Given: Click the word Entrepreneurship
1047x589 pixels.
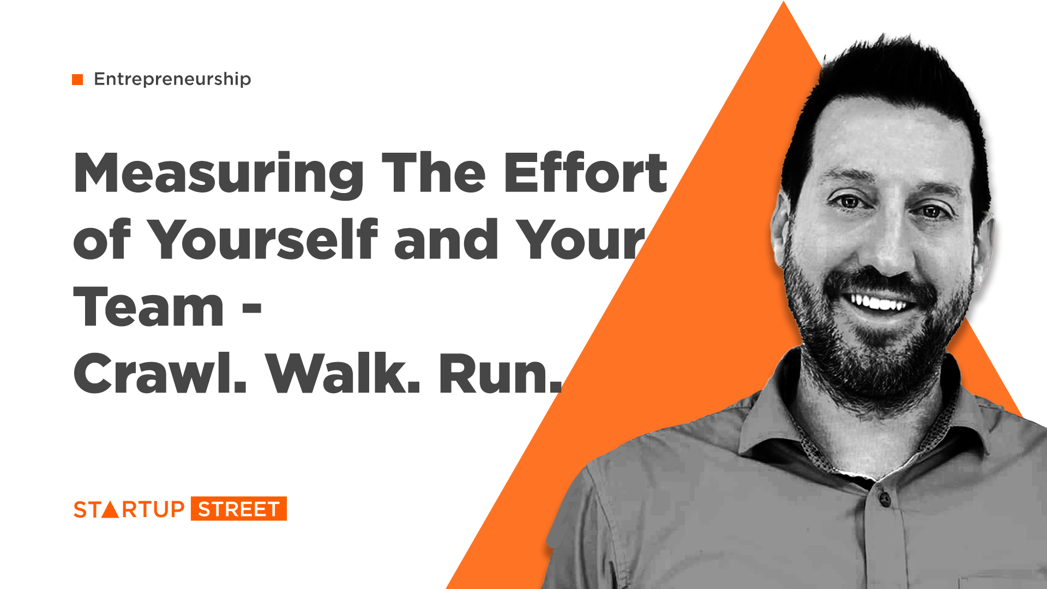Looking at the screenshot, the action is pos(172,80).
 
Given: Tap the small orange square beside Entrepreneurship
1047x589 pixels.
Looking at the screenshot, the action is pos(77,80).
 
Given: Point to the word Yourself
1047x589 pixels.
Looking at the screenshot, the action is pos(262,238).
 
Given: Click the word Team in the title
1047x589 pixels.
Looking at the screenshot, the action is pos(148,307).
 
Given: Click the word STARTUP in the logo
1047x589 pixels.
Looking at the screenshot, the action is pos(129,509).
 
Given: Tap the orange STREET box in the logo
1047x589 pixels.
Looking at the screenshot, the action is pos(239,509).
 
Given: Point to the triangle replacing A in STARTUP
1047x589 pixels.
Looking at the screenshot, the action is pos(111,509).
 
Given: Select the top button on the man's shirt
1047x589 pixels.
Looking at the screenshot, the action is pos(884,498).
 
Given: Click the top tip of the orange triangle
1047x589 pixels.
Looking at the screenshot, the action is pos(784,2).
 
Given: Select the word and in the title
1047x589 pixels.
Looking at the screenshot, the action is pos(446,238).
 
